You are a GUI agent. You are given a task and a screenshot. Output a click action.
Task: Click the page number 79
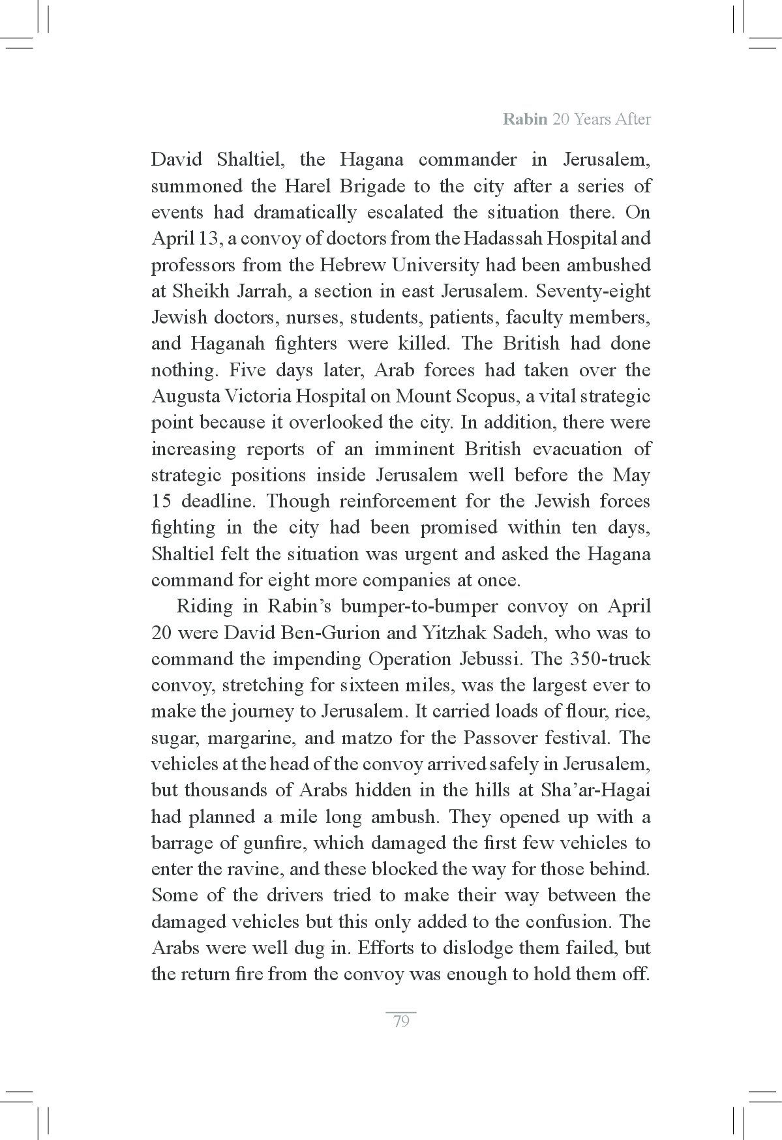tap(401, 1021)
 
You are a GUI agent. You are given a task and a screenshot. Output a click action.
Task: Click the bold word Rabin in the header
tap(525, 119)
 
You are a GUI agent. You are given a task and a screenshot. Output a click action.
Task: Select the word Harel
tap(308, 187)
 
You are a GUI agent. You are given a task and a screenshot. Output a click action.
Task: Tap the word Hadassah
tap(501, 239)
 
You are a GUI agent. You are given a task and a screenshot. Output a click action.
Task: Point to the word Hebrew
tap(349, 265)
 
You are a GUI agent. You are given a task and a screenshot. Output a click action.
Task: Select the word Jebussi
tap(487, 659)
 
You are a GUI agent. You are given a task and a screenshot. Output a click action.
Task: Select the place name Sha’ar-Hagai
tap(595, 790)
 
